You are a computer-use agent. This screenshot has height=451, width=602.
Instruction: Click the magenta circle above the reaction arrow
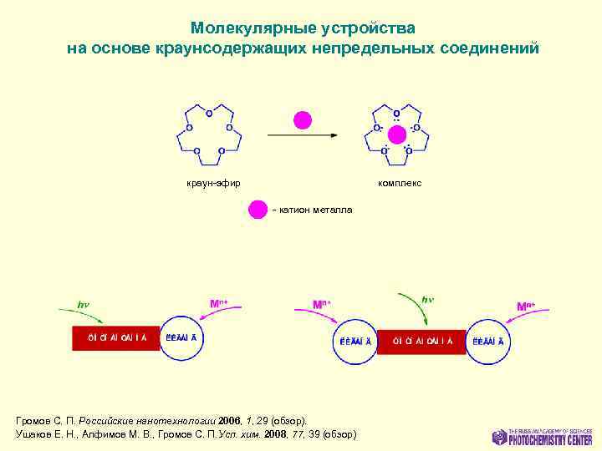302,120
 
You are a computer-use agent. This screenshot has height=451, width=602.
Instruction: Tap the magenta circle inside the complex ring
397,135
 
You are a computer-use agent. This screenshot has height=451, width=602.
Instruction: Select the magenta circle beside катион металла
258,209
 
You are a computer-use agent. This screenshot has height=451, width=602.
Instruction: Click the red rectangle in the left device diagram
115,338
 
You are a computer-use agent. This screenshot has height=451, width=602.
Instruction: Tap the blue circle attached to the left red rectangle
181,338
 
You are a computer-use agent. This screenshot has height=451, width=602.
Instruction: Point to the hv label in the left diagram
84,305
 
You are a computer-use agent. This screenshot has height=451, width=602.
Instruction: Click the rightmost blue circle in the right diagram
487,341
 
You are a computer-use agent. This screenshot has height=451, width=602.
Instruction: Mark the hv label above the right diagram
427,299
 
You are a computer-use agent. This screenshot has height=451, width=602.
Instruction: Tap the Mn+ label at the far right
526,307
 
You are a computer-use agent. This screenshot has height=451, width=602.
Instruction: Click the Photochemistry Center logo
543,436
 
